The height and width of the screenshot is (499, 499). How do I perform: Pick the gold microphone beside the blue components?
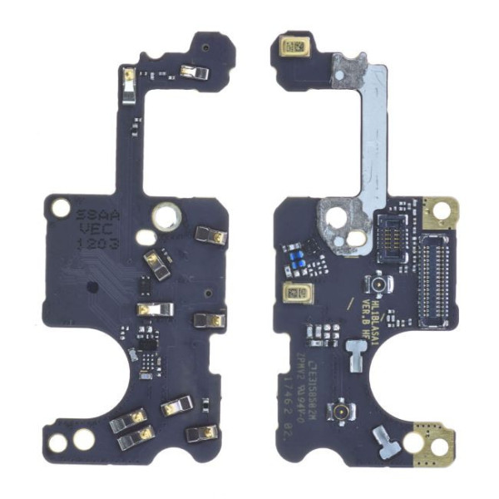tap(296, 293)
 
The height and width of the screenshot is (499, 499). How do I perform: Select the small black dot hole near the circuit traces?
tap(92, 288)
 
